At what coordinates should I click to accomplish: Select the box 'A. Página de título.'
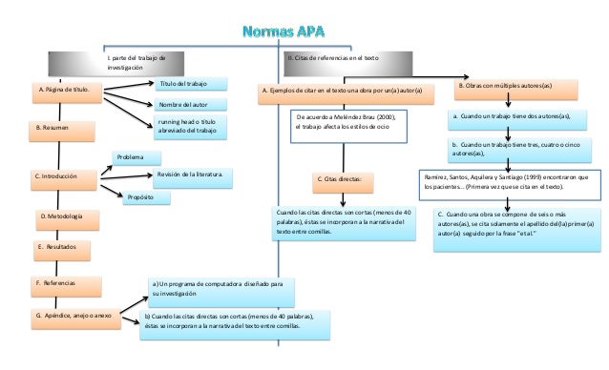65,92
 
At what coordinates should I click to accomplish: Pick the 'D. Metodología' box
68,218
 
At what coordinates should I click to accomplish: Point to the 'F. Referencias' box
67,283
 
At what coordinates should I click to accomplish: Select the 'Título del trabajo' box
191,84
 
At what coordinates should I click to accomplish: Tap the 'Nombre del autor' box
191,104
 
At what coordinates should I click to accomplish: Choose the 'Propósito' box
146,197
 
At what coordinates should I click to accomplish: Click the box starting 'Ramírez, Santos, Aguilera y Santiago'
510,181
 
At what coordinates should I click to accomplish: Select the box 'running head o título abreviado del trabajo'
192,128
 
